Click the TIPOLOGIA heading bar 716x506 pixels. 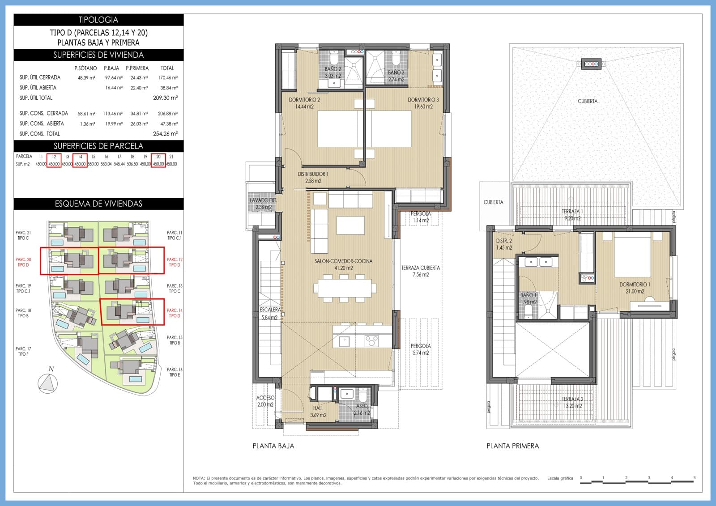pyautogui.click(x=98, y=20)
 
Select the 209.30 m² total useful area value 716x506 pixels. pyautogui.click(x=165, y=98)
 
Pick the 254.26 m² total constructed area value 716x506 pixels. pyautogui.click(x=165, y=134)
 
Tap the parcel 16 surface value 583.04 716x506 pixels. pyautogui.click(x=106, y=164)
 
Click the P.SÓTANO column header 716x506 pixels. pyautogui.click(x=85, y=68)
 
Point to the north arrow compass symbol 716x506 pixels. pyautogui.click(x=48, y=383)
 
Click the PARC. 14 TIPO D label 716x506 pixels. pyautogui.click(x=175, y=313)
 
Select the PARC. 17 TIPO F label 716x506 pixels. pyautogui.click(x=23, y=352)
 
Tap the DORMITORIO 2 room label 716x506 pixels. pyautogui.click(x=304, y=103)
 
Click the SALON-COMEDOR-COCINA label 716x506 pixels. pyautogui.click(x=343, y=264)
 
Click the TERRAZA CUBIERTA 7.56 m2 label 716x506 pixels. pyautogui.click(x=420, y=271)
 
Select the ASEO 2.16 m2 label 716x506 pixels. pyautogui.click(x=362, y=409)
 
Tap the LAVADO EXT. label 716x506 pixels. pyautogui.click(x=263, y=204)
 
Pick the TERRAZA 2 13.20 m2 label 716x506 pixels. pyautogui.click(x=573, y=403)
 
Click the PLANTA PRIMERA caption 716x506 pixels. pyautogui.click(x=512, y=446)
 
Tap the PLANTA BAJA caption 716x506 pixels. pyautogui.click(x=273, y=446)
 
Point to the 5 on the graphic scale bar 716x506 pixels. pyautogui.click(x=695, y=478)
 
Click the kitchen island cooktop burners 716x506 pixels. pyautogui.click(x=371, y=341)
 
